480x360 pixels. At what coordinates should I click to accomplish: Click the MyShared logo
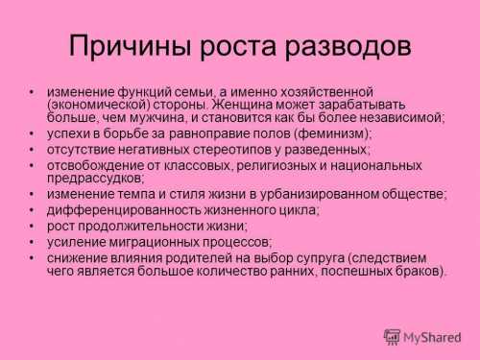422,337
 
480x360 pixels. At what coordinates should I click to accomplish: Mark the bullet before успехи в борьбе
34,134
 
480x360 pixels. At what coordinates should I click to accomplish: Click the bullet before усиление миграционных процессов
34,242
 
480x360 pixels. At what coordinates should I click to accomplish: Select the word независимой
400,118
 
